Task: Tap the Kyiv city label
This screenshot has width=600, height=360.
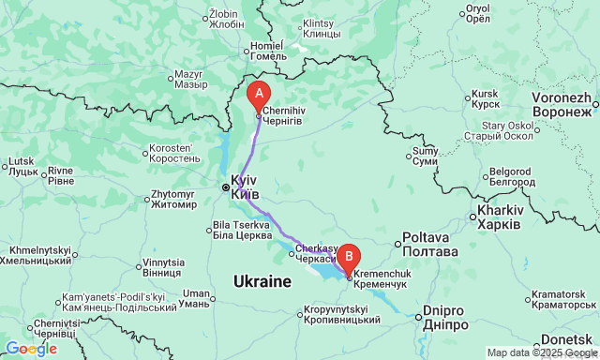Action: [244, 187]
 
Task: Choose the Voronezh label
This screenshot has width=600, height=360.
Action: [561, 105]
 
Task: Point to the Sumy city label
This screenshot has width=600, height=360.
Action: [425, 156]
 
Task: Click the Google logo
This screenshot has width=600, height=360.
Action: [31, 349]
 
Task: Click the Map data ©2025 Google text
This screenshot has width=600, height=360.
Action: [540, 352]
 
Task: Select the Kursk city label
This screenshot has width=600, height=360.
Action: [486, 98]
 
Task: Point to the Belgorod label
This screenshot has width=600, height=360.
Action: [511, 176]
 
